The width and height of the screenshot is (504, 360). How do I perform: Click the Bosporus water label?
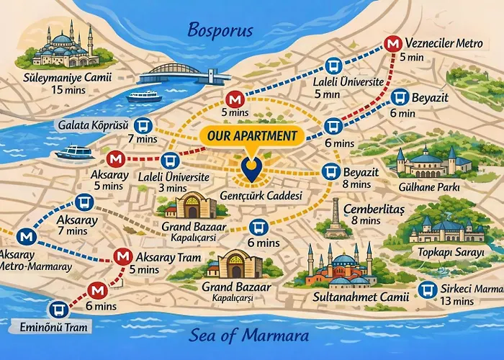coord(220,30)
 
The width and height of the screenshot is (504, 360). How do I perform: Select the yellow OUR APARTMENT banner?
coord(251,135)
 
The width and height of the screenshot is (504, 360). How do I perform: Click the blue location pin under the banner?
coord(251,169)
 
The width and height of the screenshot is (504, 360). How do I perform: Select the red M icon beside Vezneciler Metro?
coord(393,44)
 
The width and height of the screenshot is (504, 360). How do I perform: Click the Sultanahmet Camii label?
coord(350,296)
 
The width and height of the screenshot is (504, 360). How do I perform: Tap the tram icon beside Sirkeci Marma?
coord(429,289)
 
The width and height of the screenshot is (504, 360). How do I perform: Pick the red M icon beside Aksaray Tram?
coord(123,257)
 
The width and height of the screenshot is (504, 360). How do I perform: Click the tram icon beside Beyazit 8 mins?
coord(330,172)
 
